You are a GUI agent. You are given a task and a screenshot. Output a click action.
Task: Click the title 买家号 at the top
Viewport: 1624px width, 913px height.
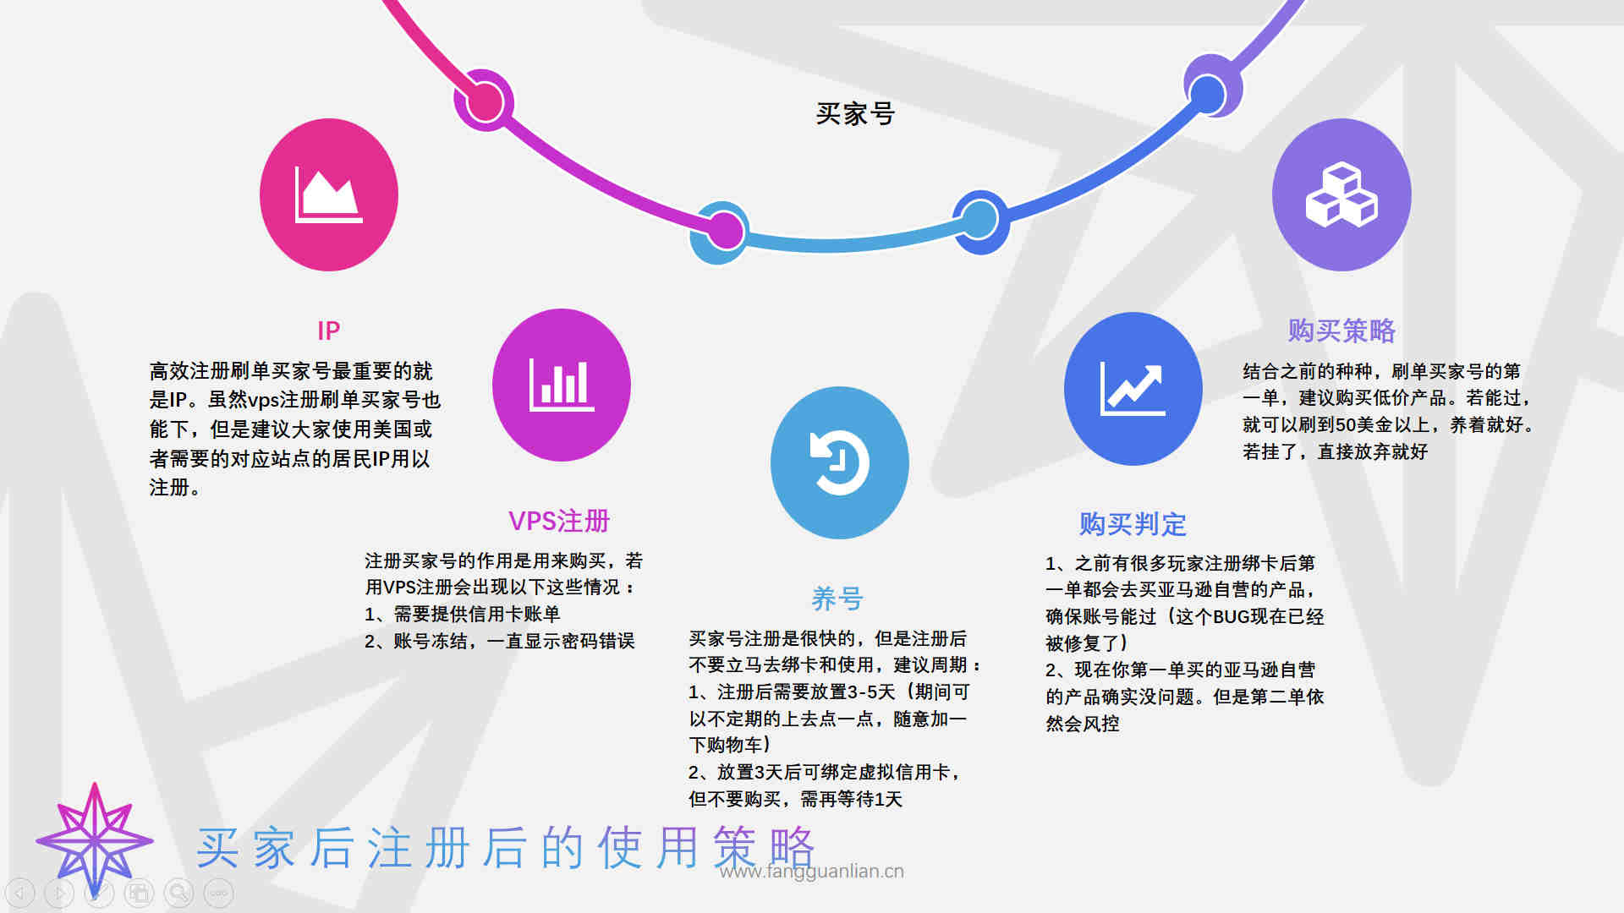point(855,113)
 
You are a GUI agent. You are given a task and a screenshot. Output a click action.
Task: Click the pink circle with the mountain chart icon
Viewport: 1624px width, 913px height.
point(329,194)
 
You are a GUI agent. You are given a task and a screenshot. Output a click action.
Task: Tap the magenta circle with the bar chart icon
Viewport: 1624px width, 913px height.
point(562,385)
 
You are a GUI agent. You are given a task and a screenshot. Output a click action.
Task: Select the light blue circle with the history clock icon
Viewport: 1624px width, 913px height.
point(840,462)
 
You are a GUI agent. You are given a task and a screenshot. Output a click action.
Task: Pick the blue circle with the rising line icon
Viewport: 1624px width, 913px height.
point(1133,389)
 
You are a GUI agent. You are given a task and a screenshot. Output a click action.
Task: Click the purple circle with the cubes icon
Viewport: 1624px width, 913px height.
point(1341,194)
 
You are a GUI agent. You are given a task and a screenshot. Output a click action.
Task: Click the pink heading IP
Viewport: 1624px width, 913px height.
point(329,331)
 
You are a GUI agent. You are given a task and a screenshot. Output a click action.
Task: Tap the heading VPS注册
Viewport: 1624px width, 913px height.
point(559,521)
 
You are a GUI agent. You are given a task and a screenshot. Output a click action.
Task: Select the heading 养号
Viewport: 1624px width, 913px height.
point(837,599)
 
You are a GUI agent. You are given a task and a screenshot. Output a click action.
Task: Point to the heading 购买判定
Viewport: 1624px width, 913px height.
point(1133,524)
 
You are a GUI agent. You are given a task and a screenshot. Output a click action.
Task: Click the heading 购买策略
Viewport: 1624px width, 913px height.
point(1341,331)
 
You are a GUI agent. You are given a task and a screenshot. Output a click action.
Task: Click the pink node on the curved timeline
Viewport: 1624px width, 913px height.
point(485,102)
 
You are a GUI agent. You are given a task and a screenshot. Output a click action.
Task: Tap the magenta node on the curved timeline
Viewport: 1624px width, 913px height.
point(725,230)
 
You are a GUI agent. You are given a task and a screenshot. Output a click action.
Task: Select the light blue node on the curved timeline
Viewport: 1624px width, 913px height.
point(979,220)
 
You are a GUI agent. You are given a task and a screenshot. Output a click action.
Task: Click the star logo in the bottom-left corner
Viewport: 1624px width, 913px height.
point(95,840)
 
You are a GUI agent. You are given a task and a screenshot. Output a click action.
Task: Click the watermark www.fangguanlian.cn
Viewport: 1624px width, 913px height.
point(812,872)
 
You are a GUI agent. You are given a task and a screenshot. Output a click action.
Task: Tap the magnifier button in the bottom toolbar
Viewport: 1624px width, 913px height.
point(178,893)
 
